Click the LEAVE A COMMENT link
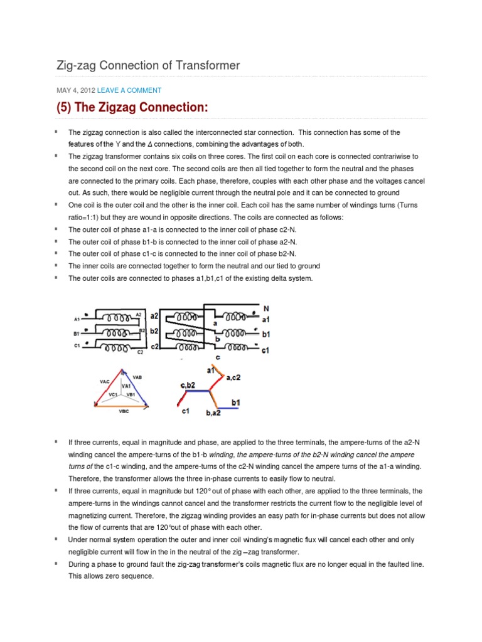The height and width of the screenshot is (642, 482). click(129, 90)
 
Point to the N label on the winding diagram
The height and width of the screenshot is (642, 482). click(265, 309)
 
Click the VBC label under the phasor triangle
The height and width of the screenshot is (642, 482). click(123, 412)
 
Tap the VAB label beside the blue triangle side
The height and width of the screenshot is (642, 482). click(137, 377)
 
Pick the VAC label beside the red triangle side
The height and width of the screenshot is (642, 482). click(105, 381)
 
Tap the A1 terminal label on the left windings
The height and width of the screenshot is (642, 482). click(77, 319)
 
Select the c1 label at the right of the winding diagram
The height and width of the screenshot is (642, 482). click(265, 350)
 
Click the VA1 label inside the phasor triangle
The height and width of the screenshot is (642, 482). click(126, 386)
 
